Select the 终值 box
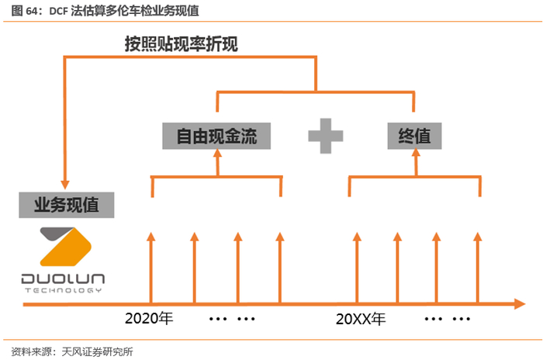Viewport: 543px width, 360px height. pos(414,137)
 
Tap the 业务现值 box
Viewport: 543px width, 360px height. pos(67,206)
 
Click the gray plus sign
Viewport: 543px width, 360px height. pos(326,137)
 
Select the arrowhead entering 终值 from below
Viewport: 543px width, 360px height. pos(414,155)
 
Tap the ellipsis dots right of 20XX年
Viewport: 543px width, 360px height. pos(448,319)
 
